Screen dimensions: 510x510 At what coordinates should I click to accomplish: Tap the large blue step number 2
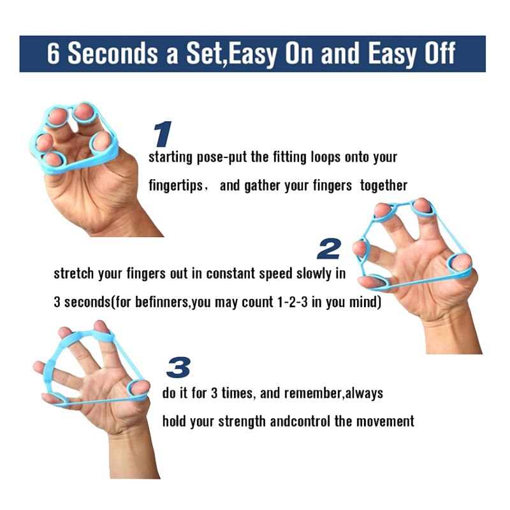329,248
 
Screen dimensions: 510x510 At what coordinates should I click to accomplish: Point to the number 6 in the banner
54,54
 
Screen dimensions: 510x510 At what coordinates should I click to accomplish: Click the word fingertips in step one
177,186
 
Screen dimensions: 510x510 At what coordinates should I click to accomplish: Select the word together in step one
383,186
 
